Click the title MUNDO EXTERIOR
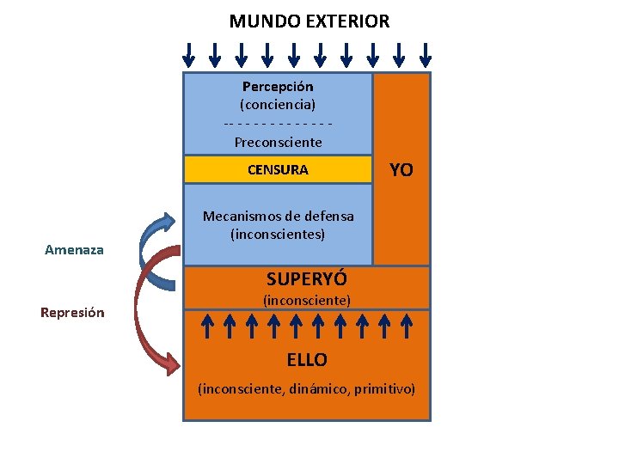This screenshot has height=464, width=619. pyautogui.click(x=309, y=21)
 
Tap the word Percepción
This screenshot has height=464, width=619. pyautogui.click(x=278, y=87)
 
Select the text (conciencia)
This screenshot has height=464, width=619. pyautogui.click(x=278, y=105)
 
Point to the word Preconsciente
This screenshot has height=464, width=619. pyautogui.click(x=278, y=142)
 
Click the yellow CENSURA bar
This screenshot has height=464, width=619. pyautogui.click(x=278, y=169)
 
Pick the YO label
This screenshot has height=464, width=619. pyautogui.click(x=401, y=170)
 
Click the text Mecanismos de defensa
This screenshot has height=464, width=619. pyautogui.click(x=278, y=216)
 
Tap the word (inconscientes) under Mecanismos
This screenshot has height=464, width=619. pyautogui.click(x=278, y=234)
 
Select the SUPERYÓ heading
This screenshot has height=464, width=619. pyautogui.click(x=307, y=279)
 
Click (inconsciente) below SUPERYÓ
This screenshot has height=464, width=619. pyautogui.click(x=307, y=301)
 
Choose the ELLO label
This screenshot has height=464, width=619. pyautogui.click(x=307, y=359)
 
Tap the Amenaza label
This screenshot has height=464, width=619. pyautogui.click(x=74, y=250)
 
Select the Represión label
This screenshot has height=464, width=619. pyautogui.click(x=72, y=313)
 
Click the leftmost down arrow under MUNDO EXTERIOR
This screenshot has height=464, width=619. pyautogui.click(x=189, y=55)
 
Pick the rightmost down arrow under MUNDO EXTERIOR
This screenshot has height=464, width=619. pyautogui.click(x=425, y=55)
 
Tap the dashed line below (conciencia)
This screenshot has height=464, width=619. pyautogui.click(x=278, y=123)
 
